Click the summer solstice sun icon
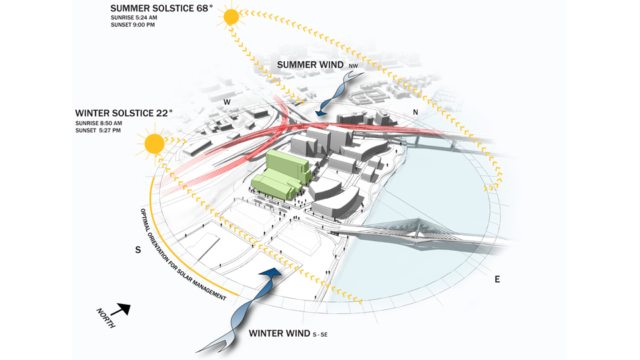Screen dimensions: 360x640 [231, 17]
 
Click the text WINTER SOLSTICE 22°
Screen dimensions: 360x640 [124, 113]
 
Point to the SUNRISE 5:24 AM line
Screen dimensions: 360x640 [133, 18]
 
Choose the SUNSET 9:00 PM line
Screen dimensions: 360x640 [132, 25]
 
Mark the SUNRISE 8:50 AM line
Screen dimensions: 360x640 [98, 123]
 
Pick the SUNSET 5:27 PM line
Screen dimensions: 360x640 [98, 131]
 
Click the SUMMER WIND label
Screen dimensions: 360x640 [311, 65]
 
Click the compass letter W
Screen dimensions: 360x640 [227, 102]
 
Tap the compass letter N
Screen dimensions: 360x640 [415, 113]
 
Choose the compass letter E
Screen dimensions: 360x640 [497, 279]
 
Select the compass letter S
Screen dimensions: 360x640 [138, 250]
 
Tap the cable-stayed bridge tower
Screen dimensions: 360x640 [420, 222]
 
